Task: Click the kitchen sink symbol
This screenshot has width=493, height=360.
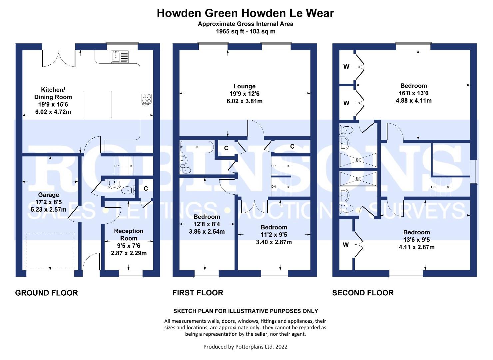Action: [120, 56]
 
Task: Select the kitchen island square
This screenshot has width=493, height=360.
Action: [97, 104]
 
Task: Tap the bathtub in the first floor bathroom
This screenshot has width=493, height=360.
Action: [197, 147]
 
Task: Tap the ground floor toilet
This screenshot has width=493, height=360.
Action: [128, 190]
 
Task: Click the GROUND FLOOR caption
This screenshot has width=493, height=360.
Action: [46, 293]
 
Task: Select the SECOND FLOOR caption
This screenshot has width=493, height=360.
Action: [363, 293]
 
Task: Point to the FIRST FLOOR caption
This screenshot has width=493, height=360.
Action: [198, 293]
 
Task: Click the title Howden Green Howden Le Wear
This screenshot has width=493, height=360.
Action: [246, 13]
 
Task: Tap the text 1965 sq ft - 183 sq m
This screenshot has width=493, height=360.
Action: [246, 31]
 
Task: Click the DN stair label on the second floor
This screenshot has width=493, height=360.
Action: [433, 187]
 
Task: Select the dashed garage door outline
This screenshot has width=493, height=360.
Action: [50, 250]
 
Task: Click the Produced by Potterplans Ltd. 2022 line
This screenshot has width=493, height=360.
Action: [246, 347]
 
